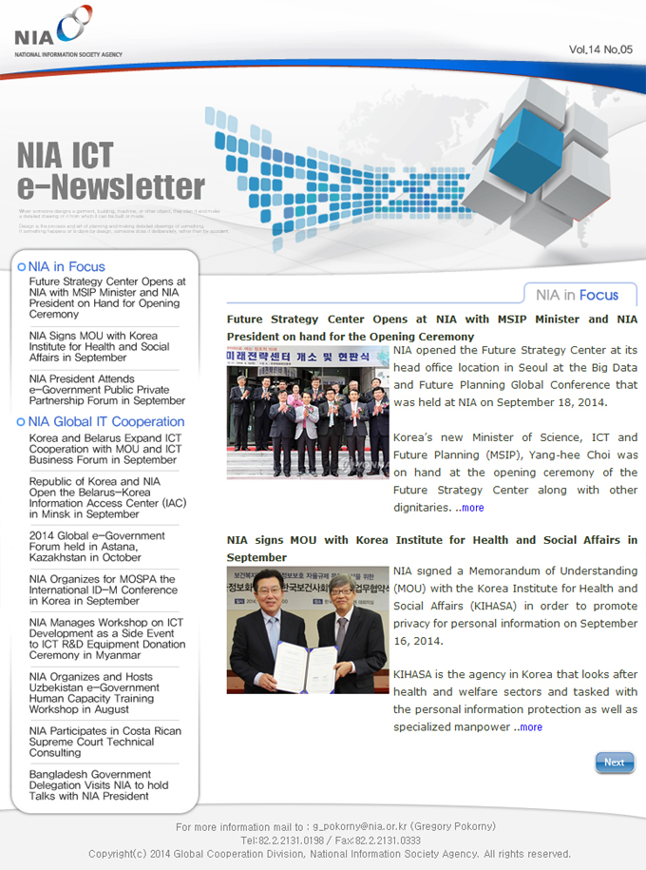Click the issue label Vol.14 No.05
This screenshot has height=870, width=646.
(x=600, y=48)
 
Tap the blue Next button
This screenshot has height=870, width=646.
(x=614, y=762)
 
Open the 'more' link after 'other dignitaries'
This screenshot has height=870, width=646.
(x=472, y=508)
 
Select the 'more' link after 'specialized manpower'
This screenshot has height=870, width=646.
(x=530, y=727)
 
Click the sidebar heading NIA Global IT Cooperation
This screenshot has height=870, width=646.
(x=105, y=421)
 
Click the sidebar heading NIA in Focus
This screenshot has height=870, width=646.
(x=66, y=266)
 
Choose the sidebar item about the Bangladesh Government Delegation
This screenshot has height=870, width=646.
(x=99, y=785)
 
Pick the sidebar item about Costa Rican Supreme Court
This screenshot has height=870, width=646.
(x=104, y=742)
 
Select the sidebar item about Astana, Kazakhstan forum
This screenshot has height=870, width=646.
(x=97, y=547)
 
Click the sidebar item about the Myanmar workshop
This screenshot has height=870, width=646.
(x=106, y=639)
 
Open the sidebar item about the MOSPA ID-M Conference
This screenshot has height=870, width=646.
(x=103, y=590)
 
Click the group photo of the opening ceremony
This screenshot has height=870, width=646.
(x=308, y=412)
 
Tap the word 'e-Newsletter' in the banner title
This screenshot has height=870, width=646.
(x=111, y=186)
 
